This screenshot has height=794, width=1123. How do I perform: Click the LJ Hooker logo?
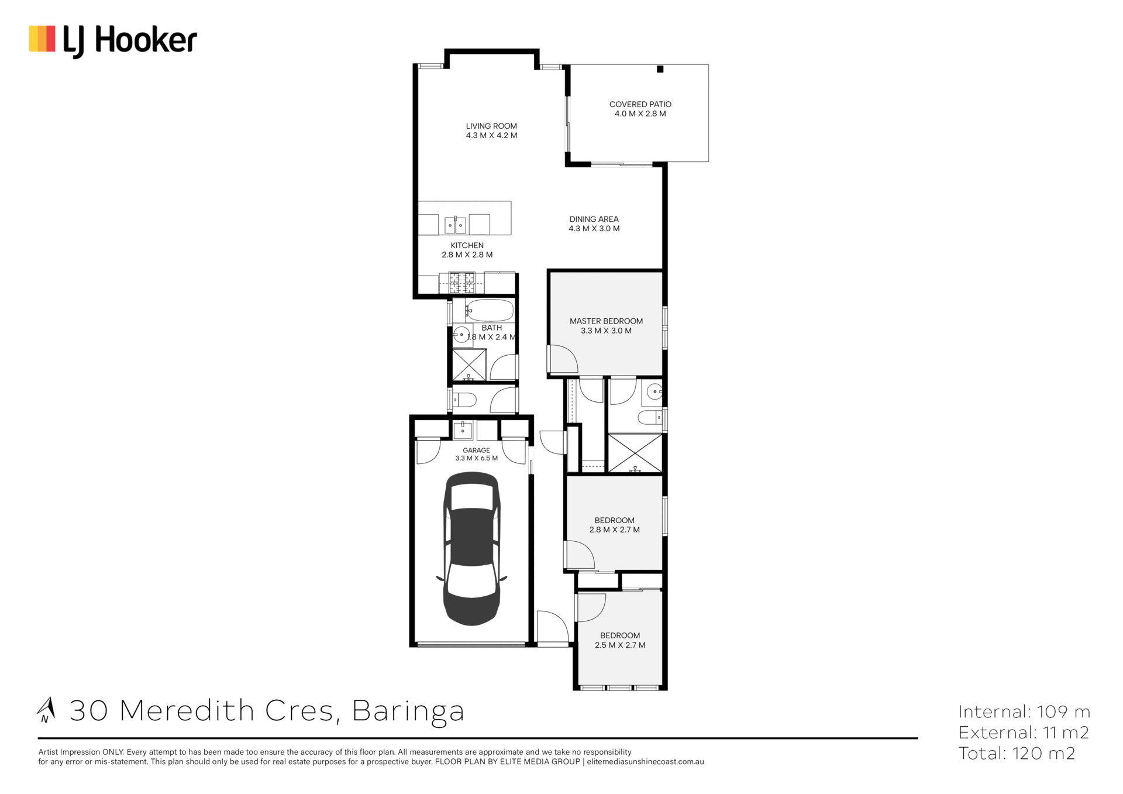click(113, 41)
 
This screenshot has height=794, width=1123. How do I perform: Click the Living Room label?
click(491, 126)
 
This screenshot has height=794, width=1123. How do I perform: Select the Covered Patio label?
click(640, 104)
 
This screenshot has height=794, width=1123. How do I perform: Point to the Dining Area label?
click(594, 219)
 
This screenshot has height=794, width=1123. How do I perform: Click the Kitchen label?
click(467, 245)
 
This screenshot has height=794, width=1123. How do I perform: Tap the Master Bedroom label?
click(606, 321)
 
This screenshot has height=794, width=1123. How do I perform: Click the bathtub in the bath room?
click(490, 310)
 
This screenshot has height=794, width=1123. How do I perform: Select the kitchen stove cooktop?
click(461, 283)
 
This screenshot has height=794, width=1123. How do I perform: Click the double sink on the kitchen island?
click(455, 224)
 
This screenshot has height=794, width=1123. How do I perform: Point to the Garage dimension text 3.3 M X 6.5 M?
click(477, 458)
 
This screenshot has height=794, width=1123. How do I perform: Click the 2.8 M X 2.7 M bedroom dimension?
click(614, 530)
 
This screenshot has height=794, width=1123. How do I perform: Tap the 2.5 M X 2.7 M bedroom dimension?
click(620, 645)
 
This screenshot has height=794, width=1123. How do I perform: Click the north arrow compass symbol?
click(46, 710)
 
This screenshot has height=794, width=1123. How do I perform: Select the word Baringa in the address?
click(408, 711)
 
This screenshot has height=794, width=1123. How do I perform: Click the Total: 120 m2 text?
click(1017, 753)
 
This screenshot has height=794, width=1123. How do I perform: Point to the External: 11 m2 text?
click(1024, 732)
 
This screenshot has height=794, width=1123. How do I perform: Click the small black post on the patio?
click(660, 69)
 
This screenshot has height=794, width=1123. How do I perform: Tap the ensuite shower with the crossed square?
click(635, 453)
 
